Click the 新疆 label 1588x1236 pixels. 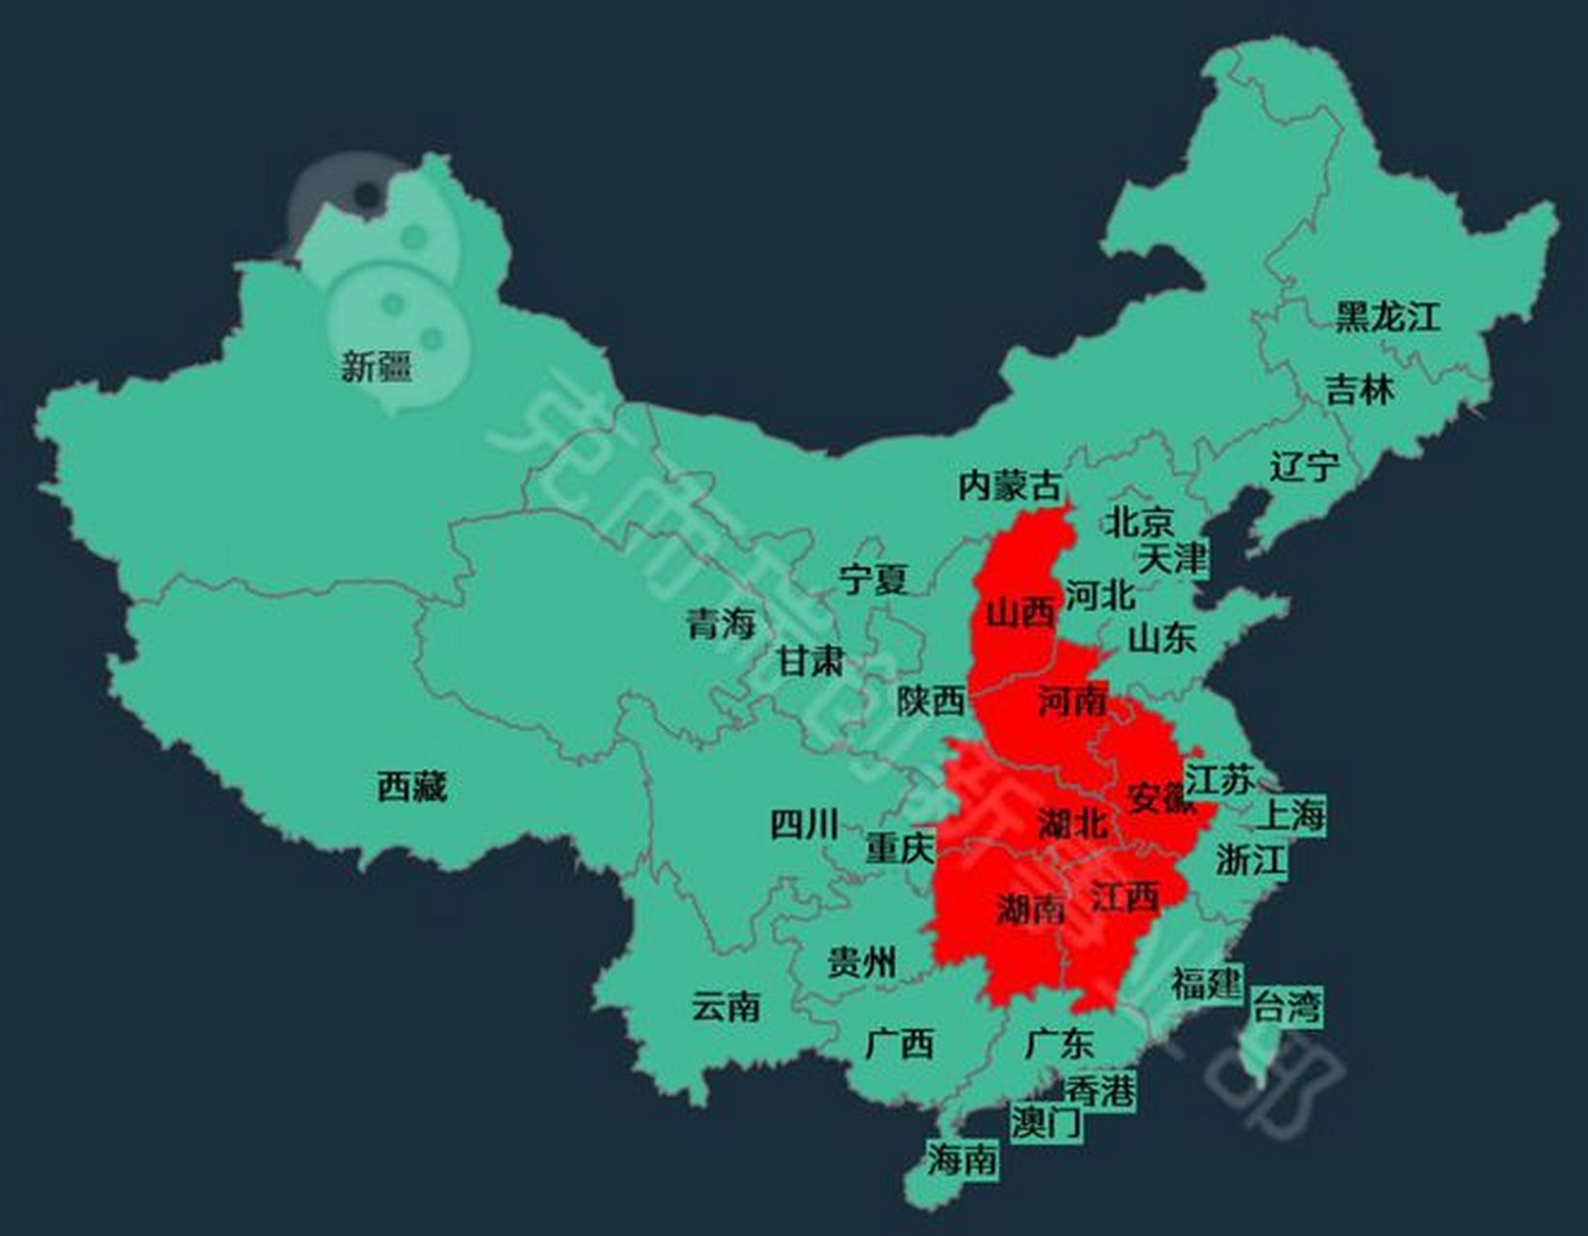(376, 366)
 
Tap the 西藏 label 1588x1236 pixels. (411, 787)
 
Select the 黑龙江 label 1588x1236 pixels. (1387, 317)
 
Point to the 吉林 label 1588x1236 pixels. (1359, 390)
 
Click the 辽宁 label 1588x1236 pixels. (1304, 466)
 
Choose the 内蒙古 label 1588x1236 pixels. (1009, 485)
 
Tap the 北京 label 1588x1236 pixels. (1139, 522)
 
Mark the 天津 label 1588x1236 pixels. (1172, 558)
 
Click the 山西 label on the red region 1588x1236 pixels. (1020, 612)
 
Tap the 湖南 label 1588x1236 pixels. (1031, 908)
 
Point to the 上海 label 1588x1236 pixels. (1290, 815)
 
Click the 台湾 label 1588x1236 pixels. (1287, 1007)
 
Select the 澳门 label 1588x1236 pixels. (1046, 1122)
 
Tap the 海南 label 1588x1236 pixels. (962, 1159)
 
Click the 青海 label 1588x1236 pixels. (721, 624)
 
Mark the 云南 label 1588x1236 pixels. (725, 1007)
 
